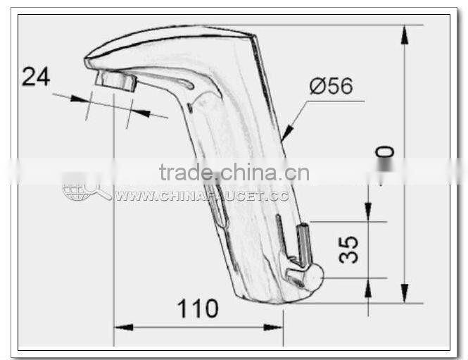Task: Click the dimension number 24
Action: point(35,76)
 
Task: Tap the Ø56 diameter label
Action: point(331,87)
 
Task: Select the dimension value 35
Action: point(349,249)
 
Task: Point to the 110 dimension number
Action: point(197,309)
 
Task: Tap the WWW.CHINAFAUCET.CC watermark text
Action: point(202,196)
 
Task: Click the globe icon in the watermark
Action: point(76,189)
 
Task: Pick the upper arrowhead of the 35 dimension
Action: point(367,211)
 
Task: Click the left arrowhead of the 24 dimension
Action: point(78,100)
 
